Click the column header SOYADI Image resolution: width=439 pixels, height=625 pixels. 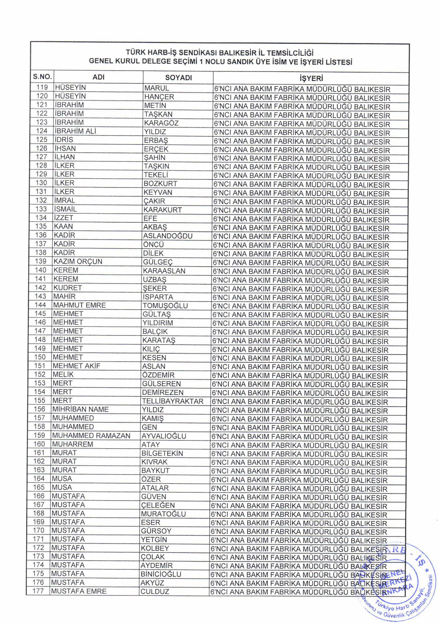[x=178, y=77]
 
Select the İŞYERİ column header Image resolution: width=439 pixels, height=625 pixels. [x=311, y=79]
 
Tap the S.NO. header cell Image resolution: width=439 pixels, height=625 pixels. [x=42, y=77]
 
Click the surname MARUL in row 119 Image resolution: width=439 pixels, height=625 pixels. [x=157, y=88]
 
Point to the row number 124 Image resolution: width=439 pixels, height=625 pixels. [x=42, y=131]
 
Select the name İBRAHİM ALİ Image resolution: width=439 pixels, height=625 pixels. [x=76, y=131]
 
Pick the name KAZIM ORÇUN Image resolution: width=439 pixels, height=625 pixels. [x=78, y=262]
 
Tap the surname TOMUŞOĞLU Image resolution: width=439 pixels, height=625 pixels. [x=165, y=306]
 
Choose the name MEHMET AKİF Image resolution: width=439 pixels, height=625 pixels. [x=76, y=366]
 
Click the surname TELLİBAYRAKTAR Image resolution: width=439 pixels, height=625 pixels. [x=173, y=401]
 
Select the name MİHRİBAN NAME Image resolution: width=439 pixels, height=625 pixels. [x=80, y=410]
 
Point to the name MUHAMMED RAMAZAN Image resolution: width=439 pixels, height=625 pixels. [x=91, y=436]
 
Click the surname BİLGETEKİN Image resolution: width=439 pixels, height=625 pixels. [x=162, y=453]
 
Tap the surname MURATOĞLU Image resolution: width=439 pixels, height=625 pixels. [x=163, y=514]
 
